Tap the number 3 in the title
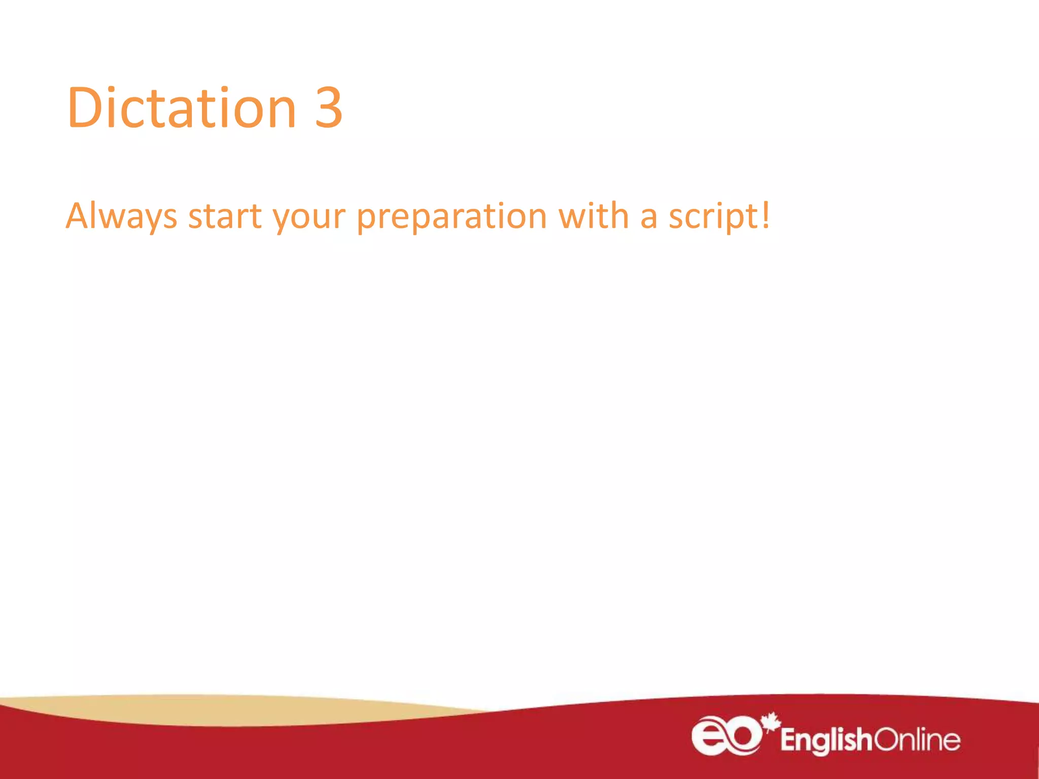click(329, 108)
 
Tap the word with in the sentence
click(594, 216)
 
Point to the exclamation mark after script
click(765, 215)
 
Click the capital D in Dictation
click(83, 108)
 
